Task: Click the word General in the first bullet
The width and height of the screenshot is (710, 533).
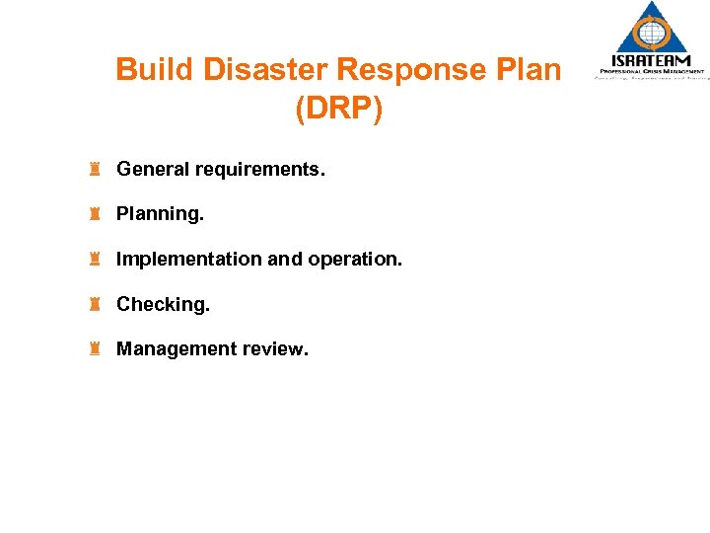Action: (153, 170)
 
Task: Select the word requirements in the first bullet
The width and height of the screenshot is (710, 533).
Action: (259, 170)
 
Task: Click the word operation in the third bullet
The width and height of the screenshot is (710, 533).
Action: (355, 260)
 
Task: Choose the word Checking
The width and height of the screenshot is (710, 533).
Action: (163, 305)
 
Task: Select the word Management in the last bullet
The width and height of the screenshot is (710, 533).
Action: (173, 349)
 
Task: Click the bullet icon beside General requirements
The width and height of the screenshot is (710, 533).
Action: (97, 169)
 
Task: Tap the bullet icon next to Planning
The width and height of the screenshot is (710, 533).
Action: (97, 213)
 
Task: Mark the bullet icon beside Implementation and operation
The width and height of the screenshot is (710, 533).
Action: (97, 259)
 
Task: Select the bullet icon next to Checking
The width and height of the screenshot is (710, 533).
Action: (97, 304)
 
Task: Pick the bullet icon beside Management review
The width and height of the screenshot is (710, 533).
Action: (97, 348)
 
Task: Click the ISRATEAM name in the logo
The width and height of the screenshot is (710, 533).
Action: (651, 61)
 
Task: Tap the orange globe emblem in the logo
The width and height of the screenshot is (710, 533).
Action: (651, 32)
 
